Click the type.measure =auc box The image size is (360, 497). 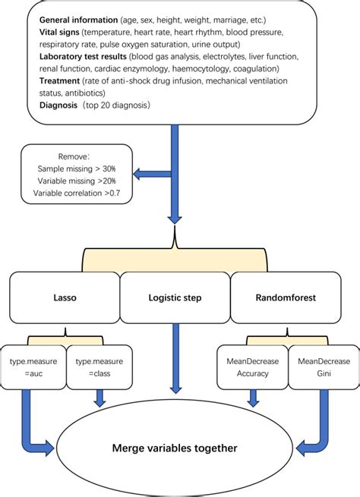click(x=35, y=363)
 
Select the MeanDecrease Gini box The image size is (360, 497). click(x=313, y=363)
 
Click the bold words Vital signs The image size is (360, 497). click(x=60, y=33)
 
